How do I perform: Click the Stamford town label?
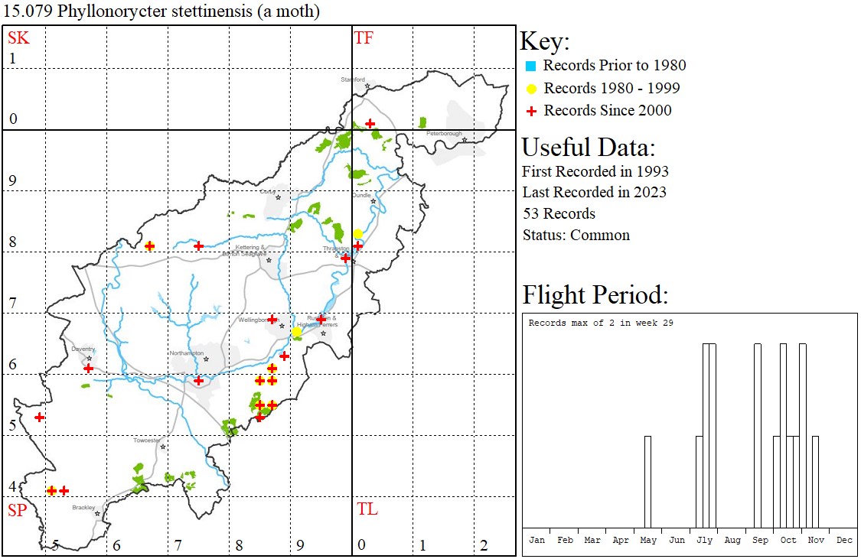pyautogui.click(x=354, y=80)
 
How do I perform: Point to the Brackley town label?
pyautogui.click(x=83, y=507)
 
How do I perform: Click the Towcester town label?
pyautogui.click(x=147, y=440)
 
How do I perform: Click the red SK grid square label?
pyautogui.click(x=18, y=38)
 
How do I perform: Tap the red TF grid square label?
pyautogui.click(x=364, y=38)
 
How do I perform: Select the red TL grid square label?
pyautogui.click(x=367, y=509)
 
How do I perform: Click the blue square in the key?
pyautogui.click(x=530, y=67)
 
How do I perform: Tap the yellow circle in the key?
pyautogui.click(x=530, y=89)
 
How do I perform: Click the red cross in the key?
pyautogui.click(x=530, y=111)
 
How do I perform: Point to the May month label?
pyautogui.click(x=648, y=540)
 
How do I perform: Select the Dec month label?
pyautogui.click(x=844, y=540)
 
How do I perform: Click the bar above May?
pyautogui.click(x=648, y=482)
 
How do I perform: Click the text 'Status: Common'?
pyautogui.click(x=576, y=236)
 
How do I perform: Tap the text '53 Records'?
pyautogui.click(x=559, y=214)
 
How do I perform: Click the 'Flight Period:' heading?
pyautogui.click(x=595, y=294)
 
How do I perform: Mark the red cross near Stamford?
pyautogui.click(x=370, y=123)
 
